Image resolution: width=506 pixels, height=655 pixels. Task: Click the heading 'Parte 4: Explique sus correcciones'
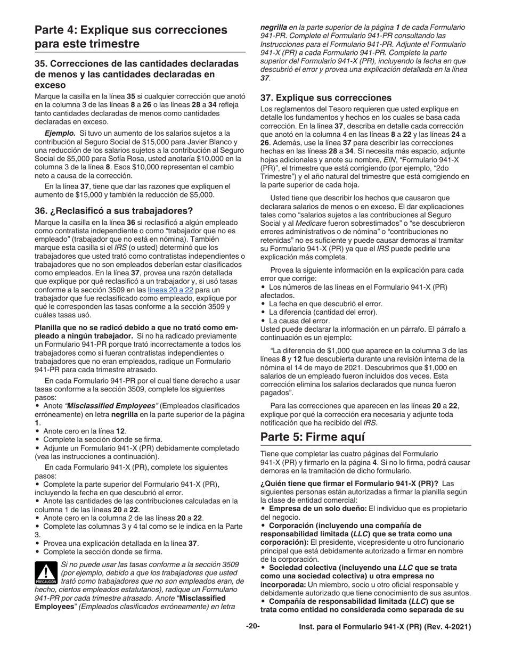[x=130, y=30]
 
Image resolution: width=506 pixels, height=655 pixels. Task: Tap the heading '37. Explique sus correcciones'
[x=325, y=97]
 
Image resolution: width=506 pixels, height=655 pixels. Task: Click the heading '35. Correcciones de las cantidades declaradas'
[x=136, y=64]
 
